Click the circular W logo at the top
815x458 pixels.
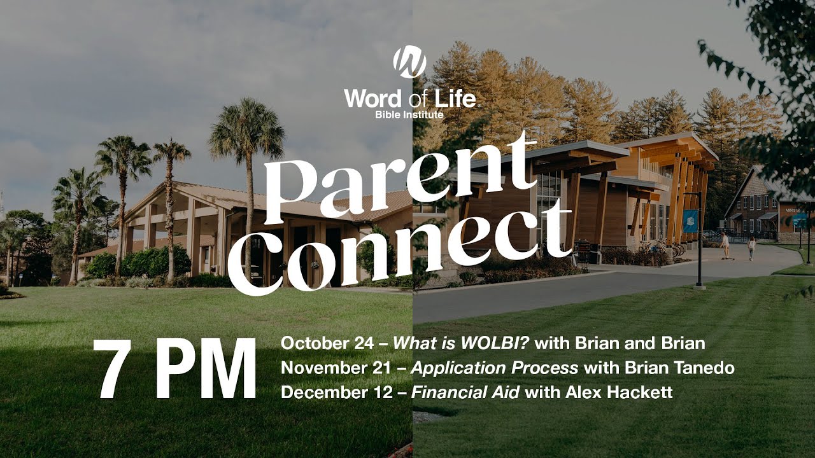pos(409,62)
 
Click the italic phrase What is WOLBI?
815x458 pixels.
pos(461,344)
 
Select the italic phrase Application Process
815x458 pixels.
pos(495,368)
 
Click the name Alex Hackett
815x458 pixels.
pos(619,392)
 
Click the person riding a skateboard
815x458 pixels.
pos(725,245)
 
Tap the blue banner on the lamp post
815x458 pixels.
pos(690,221)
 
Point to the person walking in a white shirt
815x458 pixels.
pos(751,247)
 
